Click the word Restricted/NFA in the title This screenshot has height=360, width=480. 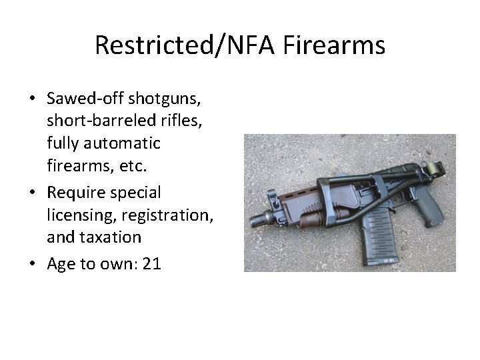click(186, 45)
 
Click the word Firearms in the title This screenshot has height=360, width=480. click(333, 45)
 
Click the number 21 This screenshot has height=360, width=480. click(151, 264)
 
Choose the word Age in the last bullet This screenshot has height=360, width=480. click(61, 264)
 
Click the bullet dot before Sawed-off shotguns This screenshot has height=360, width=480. click(32, 99)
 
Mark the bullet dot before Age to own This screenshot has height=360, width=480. click(32, 265)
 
